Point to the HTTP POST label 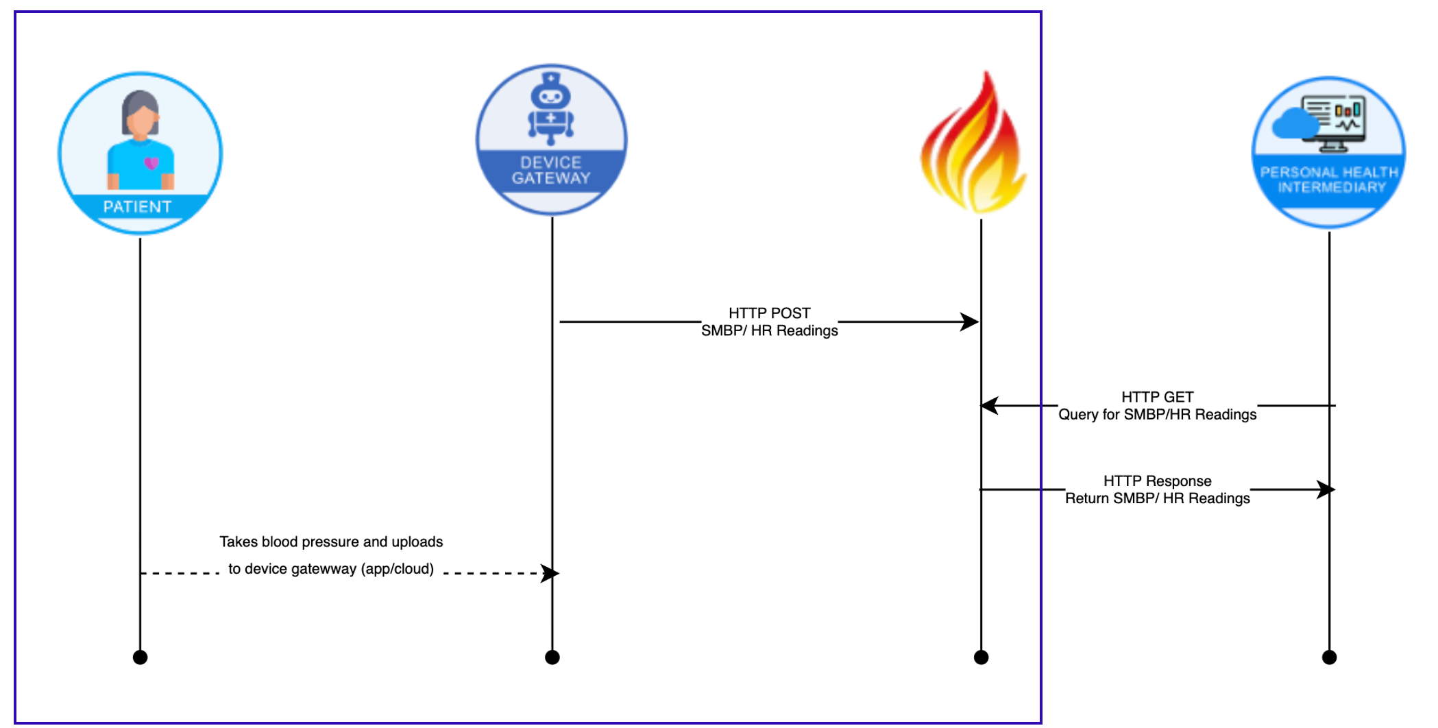[x=769, y=313]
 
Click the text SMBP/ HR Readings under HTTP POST [x=769, y=330]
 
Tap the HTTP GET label [x=1157, y=397]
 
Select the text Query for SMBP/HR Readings [x=1157, y=414]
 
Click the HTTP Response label [x=1157, y=481]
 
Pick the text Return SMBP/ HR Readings [x=1157, y=498]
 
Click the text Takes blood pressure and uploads [x=331, y=542]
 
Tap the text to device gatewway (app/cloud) [x=331, y=569]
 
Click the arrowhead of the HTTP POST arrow [x=971, y=321]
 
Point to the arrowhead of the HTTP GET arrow [x=990, y=406]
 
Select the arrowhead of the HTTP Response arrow [x=1326, y=489]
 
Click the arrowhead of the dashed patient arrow [x=550, y=573]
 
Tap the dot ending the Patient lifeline [x=140, y=657]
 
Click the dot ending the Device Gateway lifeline [x=552, y=657]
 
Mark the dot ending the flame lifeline [x=981, y=657]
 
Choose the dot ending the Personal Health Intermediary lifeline [x=1329, y=657]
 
